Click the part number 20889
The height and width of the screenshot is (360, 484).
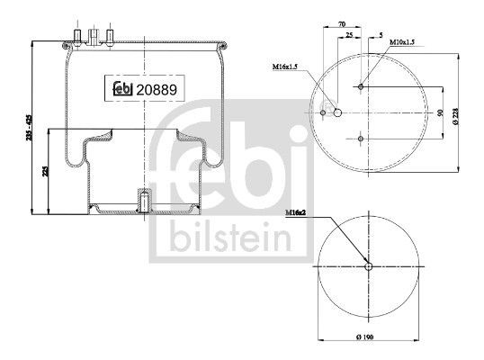[x=157, y=90]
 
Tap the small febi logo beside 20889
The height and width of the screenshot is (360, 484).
[x=122, y=88]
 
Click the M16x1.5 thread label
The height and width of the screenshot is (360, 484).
[x=284, y=67]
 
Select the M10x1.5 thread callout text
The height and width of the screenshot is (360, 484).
[x=402, y=42]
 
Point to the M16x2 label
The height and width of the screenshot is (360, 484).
[x=295, y=212]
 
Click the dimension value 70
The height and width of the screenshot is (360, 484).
[x=342, y=23]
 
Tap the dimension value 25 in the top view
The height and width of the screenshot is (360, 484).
[x=349, y=35]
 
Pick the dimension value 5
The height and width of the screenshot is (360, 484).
[x=381, y=35]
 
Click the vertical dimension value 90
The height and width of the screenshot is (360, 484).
[x=440, y=112]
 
